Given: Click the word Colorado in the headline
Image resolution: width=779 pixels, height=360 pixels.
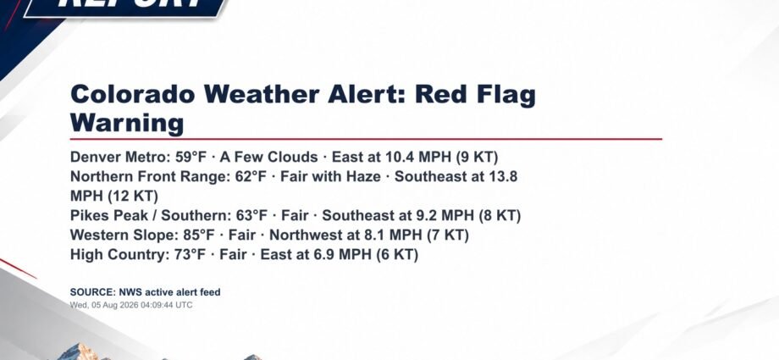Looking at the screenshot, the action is [x=133, y=94].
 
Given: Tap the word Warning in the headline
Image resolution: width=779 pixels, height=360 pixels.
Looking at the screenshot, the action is [x=127, y=123].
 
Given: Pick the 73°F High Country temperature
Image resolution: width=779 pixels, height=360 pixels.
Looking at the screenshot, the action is [x=190, y=255].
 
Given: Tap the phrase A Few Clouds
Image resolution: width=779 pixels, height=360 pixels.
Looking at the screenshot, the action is [x=268, y=157].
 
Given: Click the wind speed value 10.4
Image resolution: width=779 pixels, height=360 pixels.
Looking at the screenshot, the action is [x=400, y=157].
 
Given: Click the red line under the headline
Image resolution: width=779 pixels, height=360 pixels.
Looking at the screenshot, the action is [x=366, y=139].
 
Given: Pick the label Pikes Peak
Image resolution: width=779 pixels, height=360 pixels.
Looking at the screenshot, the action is [x=110, y=216].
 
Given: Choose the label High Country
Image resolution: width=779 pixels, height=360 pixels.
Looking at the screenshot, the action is [x=117, y=255].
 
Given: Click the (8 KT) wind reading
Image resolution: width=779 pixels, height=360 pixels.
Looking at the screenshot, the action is [x=500, y=216].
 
